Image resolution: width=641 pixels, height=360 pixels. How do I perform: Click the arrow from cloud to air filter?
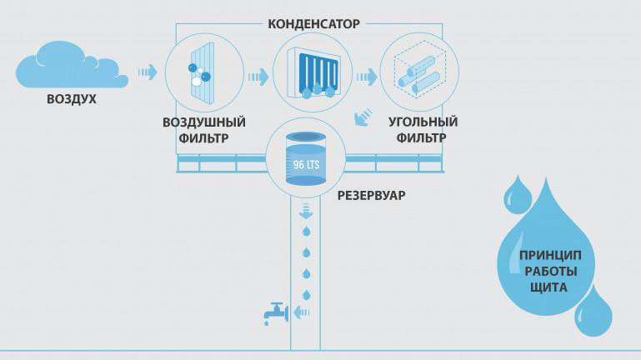click(148, 72)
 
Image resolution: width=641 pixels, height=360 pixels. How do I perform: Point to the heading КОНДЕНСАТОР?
click(313, 24)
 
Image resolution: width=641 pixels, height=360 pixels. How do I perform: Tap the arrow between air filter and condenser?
click(258, 77)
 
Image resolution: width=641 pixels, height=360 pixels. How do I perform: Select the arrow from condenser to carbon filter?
click(365, 77)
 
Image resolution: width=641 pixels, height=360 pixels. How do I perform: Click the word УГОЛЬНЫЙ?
click(423, 122)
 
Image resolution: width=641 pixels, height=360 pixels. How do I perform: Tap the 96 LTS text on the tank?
click(306, 164)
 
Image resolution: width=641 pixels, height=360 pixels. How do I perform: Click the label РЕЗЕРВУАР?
click(371, 196)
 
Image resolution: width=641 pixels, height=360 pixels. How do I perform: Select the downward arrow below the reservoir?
click(306, 209)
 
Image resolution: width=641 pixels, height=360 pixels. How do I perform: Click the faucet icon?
click(274, 313)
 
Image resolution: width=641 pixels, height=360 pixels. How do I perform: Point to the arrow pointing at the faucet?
click(303, 313)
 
